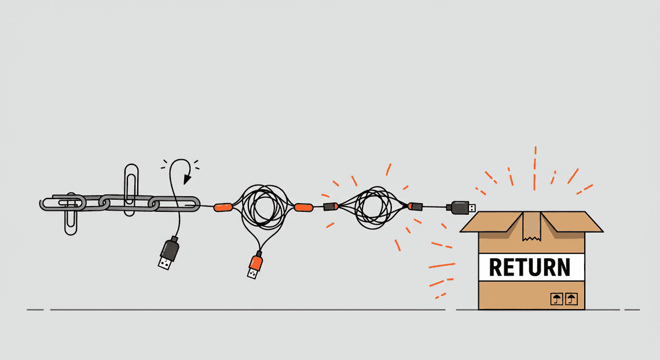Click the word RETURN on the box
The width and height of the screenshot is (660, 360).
(530, 267)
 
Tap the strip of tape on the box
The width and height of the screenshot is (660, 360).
(531, 226)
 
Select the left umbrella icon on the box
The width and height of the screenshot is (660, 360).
(557, 299)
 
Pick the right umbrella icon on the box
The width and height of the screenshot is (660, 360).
(571, 299)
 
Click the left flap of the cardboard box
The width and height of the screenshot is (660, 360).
(493, 222)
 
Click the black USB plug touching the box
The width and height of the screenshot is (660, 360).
(461, 207)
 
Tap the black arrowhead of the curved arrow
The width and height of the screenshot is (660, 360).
(187, 179)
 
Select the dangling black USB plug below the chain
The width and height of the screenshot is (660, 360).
(169, 253)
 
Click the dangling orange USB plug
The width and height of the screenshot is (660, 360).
(255, 265)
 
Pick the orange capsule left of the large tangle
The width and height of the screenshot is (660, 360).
(223, 207)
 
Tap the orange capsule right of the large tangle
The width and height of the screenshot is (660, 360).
(303, 207)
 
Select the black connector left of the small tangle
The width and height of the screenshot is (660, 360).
(331, 207)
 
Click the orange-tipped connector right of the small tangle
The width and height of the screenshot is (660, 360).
(415, 206)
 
